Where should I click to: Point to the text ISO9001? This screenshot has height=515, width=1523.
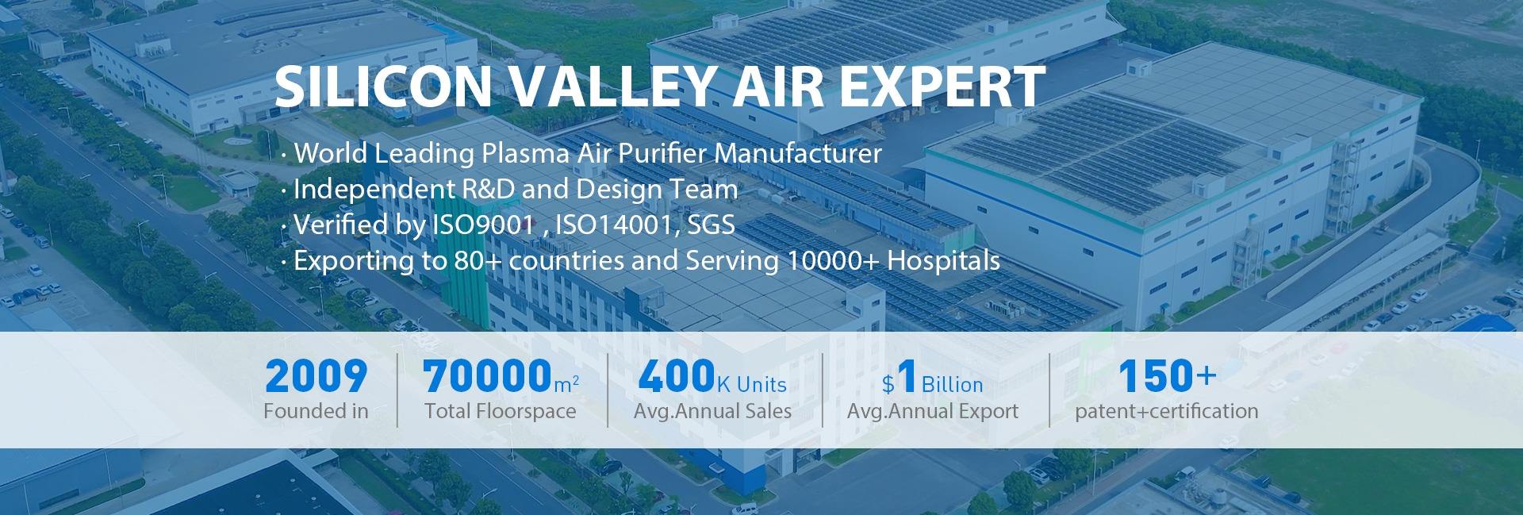click(x=482, y=225)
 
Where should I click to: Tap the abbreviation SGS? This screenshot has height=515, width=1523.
click(x=710, y=225)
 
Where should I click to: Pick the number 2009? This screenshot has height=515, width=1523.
click(x=316, y=377)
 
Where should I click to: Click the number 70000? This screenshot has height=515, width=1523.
click(x=487, y=377)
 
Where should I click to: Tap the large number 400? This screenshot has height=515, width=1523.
click(x=676, y=377)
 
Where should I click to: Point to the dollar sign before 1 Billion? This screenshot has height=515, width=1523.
click(x=888, y=385)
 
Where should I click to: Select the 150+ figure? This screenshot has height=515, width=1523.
click(x=1167, y=377)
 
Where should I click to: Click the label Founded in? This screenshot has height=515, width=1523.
click(x=316, y=411)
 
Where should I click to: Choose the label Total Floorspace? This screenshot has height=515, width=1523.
click(x=501, y=411)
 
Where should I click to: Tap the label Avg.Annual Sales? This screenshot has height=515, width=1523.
click(x=712, y=411)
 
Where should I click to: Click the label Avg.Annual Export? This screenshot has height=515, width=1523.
click(x=933, y=411)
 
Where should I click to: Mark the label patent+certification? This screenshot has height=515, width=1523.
click(x=1167, y=411)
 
